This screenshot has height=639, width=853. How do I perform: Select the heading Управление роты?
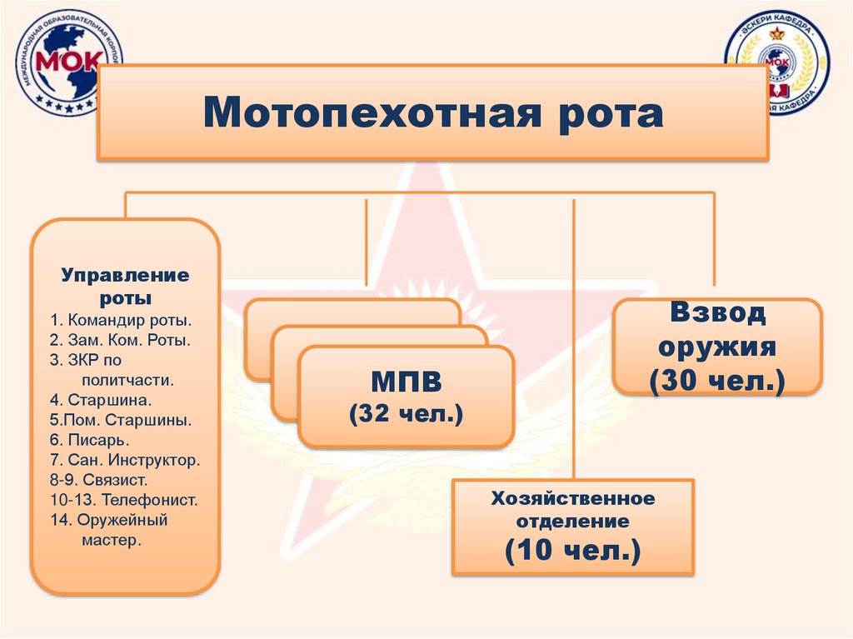[x=125, y=285]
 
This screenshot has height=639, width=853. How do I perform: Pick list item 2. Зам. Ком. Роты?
[x=120, y=339]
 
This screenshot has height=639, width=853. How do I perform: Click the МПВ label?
[x=406, y=383]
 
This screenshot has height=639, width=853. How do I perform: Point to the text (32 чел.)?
[x=406, y=413]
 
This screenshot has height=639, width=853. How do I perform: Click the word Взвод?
[x=717, y=315]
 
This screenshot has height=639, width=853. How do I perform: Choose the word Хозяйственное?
[x=573, y=499]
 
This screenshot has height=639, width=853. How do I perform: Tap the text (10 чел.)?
[x=573, y=551]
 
